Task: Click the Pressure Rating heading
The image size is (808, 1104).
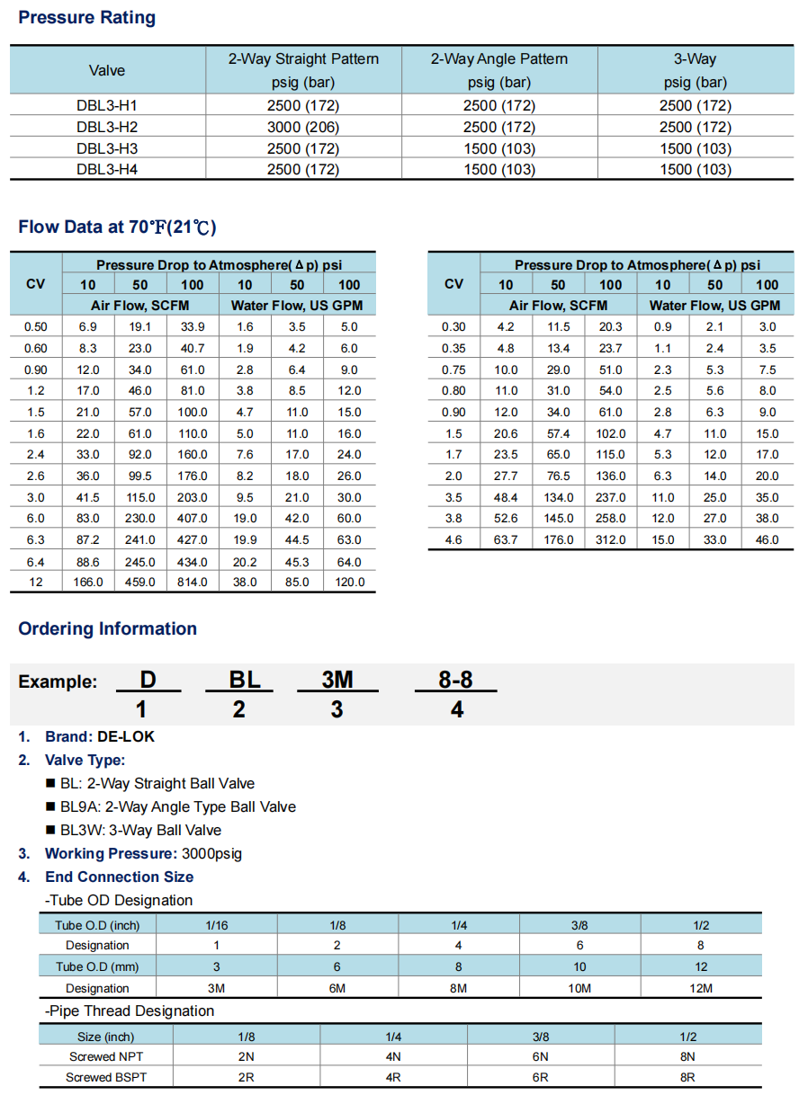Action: (86, 18)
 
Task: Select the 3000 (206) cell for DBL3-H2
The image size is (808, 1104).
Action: (303, 127)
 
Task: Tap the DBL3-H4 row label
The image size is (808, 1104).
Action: (107, 169)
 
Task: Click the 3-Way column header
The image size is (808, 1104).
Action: (695, 59)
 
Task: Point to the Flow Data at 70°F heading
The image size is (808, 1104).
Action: (117, 227)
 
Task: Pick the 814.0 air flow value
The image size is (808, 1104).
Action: (193, 582)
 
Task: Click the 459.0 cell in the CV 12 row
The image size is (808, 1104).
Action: (140, 582)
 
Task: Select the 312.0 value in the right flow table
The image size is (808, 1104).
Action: (610, 539)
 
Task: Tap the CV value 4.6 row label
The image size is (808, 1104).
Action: (453, 539)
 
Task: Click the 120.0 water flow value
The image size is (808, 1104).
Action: (349, 582)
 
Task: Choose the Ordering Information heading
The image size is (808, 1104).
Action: (107, 628)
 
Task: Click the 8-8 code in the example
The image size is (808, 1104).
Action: (455, 681)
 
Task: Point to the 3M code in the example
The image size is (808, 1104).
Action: (337, 681)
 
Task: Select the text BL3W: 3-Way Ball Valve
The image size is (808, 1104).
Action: (140, 830)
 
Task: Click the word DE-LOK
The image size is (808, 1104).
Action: (126, 736)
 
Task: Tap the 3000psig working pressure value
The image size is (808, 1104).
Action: (211, 853)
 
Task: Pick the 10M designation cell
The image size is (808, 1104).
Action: (579, 988)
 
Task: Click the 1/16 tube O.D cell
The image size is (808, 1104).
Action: (216, 925)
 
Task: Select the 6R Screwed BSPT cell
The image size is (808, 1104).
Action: (540, 1076)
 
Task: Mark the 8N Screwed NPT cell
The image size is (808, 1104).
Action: (687, 1056)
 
